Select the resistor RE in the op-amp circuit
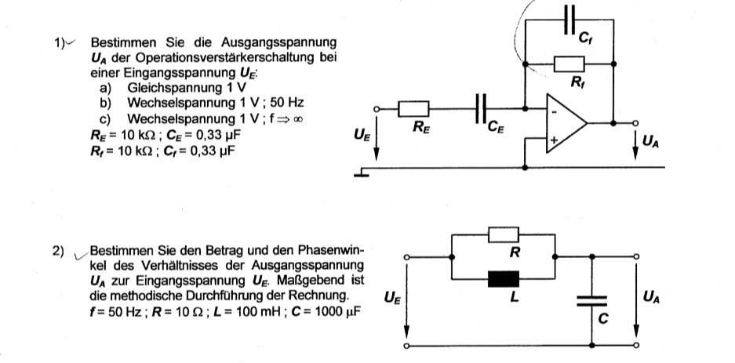click(x=413, y=109)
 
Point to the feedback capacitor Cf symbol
click(x=571, y=21)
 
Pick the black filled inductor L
click(x=504, y=279)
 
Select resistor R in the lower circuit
click(x=504, y=234)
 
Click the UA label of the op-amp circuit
click(x=650, y=142)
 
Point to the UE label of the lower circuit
click(x=390, y=298)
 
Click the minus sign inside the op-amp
click(x=553, y=111)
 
